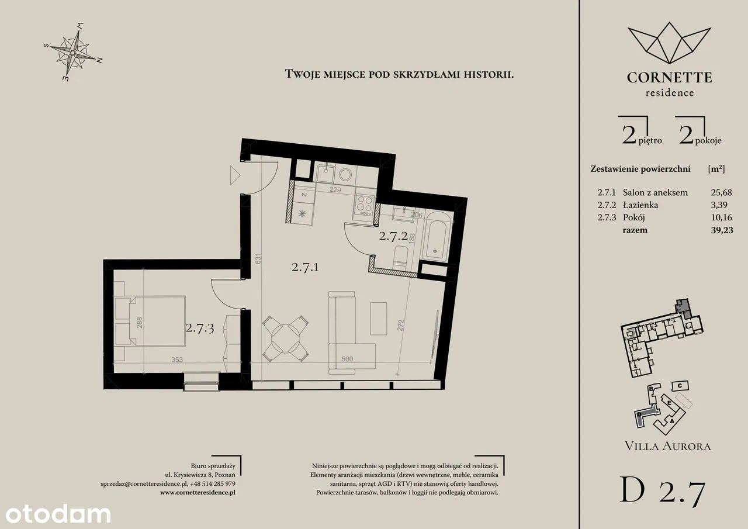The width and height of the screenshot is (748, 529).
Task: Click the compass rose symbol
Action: (73, 53)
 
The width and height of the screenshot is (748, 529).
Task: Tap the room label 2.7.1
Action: (305, 267)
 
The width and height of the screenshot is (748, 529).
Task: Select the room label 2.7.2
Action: (393, 236)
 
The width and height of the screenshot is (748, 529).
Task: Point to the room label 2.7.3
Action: (200, 329)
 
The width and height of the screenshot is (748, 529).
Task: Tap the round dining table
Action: (286, 338)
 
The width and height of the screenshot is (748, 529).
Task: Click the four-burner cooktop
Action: (365, 205)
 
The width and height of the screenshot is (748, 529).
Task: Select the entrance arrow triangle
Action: (235, 175)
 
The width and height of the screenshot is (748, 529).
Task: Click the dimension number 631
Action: (258, 259)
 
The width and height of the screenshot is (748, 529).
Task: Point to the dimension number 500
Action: (347, 359)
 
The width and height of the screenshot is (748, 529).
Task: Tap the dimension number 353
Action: (177, 359)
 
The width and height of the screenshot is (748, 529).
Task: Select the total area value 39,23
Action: (722, 230)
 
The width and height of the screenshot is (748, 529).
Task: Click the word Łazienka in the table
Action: (640, 205)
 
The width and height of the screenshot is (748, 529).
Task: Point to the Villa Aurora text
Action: (667, 446)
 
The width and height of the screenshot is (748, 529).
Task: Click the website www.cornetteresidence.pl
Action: (198, 493)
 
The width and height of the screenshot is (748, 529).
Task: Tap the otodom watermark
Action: (58, 514)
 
